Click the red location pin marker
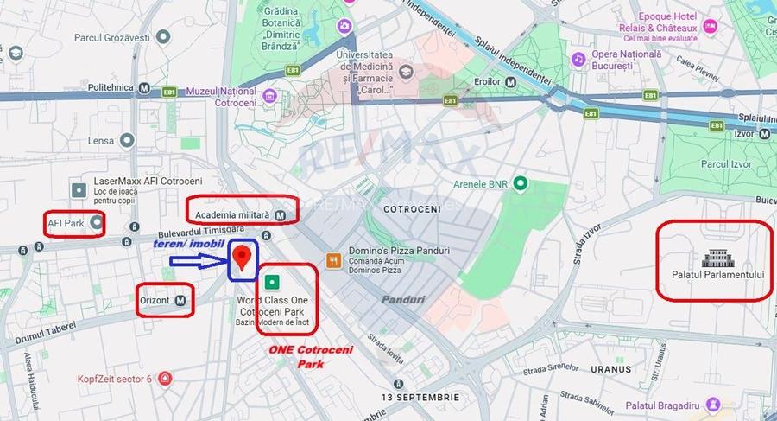pyautogui.click(x=243, y=257)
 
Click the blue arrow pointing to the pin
pyautogui.click(x=197, y=260)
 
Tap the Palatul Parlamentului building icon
pyautogui.click(x=716, y=258)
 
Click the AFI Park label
pyautogui.click(x=66, y=223)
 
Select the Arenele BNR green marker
pyautogui.click(x=520, y=183)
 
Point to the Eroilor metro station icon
pyautogui.click(x=511, y=81)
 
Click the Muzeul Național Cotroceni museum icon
pyautogui.click(x=270, y=95)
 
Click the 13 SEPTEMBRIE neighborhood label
pyautogui.click(x=421, y=396)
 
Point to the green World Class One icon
pyautogui.click(x=273, y=281)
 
